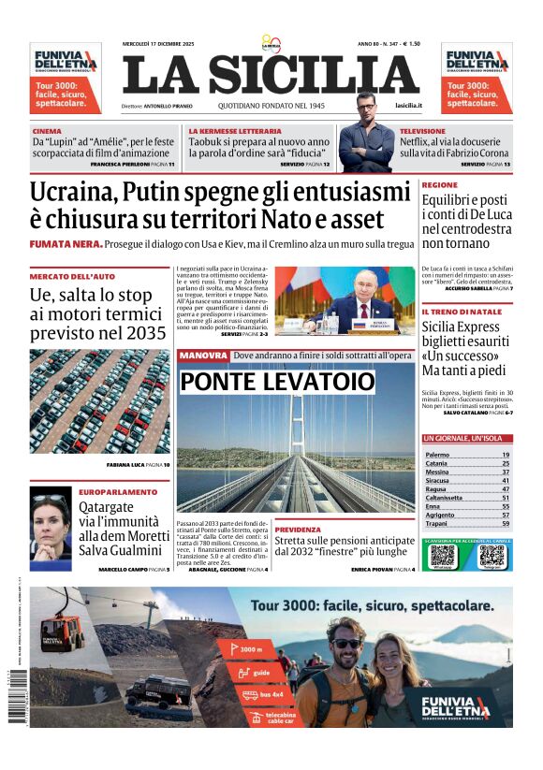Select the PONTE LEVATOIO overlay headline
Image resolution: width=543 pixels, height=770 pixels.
pyautogui.click(x=276, y=382)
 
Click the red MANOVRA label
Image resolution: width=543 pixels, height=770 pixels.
pyautogui.click(x=203, y=356)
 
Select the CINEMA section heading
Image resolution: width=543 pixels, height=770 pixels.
pyautogui.click(x=47, y=131)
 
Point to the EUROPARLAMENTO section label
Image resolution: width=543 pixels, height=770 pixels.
pyautogui.click(x=118, y=491)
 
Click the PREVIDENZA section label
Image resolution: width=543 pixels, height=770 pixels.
pyautogui.click(x=298, y=530)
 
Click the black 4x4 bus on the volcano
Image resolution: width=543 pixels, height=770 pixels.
pyautogui.click(x=158, y=691)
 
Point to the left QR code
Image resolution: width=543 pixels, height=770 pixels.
pyautogui.click(x=442, y=556)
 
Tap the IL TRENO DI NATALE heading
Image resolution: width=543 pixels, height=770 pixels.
pyautogui.click(x=462, y=312)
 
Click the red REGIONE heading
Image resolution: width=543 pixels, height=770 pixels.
pyautogui.click(x=440, y=185)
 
